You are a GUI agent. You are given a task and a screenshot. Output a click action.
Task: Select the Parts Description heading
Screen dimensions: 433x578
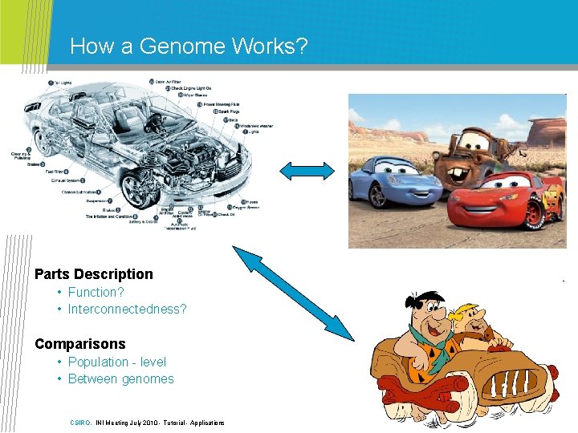93,274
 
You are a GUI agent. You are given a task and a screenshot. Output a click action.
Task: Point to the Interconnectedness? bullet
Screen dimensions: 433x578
127,310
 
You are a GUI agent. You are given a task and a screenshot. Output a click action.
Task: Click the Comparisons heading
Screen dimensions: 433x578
80,344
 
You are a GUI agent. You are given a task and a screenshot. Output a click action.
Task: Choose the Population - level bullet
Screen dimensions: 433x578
116,362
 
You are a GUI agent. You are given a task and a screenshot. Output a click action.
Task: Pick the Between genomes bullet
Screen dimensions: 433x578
120,379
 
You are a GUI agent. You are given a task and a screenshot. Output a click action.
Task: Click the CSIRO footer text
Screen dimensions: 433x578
80,423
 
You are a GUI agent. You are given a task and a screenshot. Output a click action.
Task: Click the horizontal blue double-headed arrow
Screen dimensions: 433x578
307,170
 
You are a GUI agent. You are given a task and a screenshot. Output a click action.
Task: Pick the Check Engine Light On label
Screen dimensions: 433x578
191,89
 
